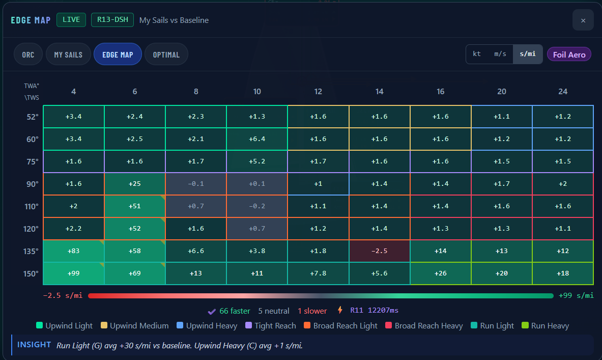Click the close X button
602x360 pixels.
(x=583, y=20)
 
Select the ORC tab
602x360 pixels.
(x=28, y=54)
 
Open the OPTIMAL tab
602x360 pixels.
(x=166, y=54)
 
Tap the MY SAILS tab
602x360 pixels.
(x=68, y=54)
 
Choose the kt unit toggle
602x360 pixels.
(x=477, y=54)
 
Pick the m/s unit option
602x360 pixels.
(x=500, y=54)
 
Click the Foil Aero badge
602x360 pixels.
(x=569, y=54)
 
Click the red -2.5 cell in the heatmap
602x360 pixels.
(x=379, y=251)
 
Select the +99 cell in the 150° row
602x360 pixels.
(x=73, y=273)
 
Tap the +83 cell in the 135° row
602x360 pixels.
(x=73, y=251)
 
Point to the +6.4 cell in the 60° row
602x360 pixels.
(x=257, y=139)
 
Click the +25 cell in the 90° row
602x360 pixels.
(x=135, y=184)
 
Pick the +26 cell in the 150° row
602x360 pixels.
(x=440, y=273)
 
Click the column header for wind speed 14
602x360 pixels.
(x=379, y=92)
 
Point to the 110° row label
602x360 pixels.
(x=32, y=206)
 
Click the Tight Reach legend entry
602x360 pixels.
(x=271, y=326)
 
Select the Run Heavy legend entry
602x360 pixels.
(x=545, y=326)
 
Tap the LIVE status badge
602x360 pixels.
(x=71, y=19)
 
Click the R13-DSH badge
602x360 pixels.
(x=112, y=19)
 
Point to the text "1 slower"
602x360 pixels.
(x=312, y=311)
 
